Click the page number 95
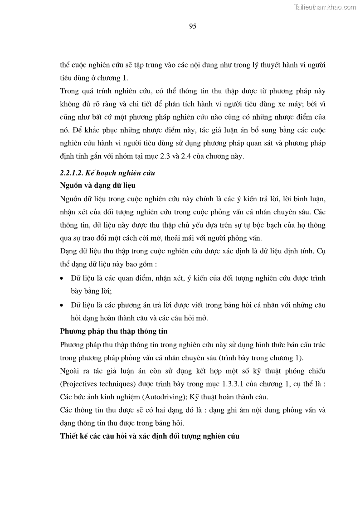[x=192, y=26]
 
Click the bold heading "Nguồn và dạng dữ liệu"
[x=97, y=186]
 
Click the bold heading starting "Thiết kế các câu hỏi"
[x=150, y=436]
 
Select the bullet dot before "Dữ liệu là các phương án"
[x=62, y=305]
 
